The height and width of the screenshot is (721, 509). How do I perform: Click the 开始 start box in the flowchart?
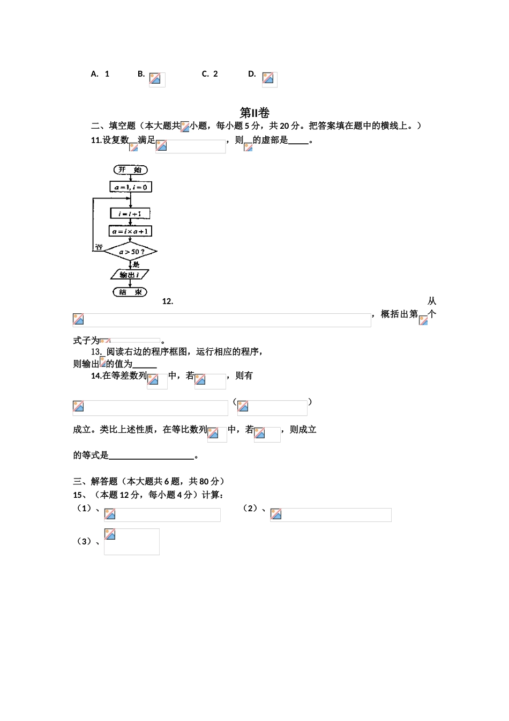pos(130,170)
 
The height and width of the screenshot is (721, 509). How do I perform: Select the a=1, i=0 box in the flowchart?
pos(131,187)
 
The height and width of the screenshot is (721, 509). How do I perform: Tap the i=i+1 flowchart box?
pos(130,214)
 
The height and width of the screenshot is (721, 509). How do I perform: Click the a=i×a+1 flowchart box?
pos(131,231)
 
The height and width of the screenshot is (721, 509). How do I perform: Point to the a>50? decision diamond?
pos(131,252)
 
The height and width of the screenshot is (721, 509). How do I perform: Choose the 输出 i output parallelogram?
pos(130,275)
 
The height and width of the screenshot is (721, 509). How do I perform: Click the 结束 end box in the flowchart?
pos(130,292)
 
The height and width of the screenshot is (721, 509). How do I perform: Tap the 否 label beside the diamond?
pos(99,247)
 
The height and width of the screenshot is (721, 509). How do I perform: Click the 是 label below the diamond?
pos(136,264)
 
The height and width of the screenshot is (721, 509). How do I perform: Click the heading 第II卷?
pos(254,113)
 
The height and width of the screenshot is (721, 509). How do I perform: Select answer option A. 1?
pos(100,74)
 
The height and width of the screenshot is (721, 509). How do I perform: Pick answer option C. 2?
pos(209,74)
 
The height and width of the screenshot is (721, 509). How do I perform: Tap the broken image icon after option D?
pos(268,78)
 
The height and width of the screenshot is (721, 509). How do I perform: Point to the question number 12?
pos(168,301)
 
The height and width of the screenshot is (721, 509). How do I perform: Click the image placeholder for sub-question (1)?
pos(162,515)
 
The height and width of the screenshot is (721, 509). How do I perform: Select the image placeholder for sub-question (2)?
pos(331,515)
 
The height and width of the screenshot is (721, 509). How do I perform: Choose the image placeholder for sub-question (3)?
pos(132,541)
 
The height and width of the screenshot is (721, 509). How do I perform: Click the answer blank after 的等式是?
pos(151,455)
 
